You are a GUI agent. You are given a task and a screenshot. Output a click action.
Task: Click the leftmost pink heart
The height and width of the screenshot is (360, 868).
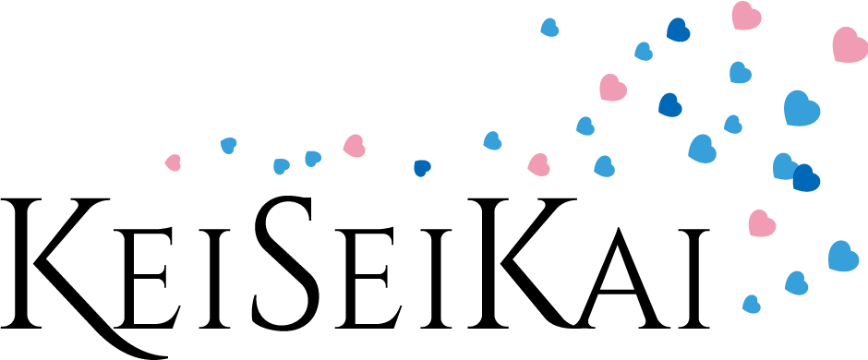click(173, 162)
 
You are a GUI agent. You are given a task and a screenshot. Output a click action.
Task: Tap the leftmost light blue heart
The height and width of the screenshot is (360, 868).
click(228, 145)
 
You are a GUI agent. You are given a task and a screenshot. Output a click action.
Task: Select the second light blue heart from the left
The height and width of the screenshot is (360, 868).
click(281, 166)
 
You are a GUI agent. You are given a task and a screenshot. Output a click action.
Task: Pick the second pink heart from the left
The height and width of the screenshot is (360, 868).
click(354, 146)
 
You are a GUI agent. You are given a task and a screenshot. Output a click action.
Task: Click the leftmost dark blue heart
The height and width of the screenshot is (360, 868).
click(421, 167)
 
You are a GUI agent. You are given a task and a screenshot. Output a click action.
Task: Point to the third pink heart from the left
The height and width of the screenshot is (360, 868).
click(538, 165)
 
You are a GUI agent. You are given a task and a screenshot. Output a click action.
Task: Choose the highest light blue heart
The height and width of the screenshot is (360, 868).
click(549, 28)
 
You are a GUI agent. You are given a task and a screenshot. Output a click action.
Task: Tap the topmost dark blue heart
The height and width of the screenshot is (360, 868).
click(678, 30)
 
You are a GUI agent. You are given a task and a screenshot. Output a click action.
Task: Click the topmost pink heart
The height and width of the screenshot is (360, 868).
click(745, 16)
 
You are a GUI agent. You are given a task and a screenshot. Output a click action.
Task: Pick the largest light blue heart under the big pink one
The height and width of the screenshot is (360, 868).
click(801, 108)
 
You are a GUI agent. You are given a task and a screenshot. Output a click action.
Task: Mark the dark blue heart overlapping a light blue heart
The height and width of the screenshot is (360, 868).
click(805, 178)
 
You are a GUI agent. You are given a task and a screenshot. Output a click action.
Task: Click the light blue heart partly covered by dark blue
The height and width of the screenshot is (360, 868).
click(783, 166)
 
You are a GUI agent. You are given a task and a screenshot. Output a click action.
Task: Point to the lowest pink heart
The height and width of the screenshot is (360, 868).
click(761, 223)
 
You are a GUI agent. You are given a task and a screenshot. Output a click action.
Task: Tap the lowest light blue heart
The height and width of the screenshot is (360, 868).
click(752, 304)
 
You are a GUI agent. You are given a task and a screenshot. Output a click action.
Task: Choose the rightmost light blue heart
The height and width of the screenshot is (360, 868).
click(842, 257)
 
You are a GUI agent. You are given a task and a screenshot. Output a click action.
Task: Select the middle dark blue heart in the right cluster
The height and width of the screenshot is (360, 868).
click(669, 105)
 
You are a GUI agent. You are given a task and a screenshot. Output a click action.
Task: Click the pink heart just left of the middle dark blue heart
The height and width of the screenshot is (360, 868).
click(611, 88)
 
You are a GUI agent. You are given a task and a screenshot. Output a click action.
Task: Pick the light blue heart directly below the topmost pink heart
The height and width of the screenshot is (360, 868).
click(740, 73)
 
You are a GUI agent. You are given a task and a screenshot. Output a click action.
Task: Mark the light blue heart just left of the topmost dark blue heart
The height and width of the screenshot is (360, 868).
click(644, 52)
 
